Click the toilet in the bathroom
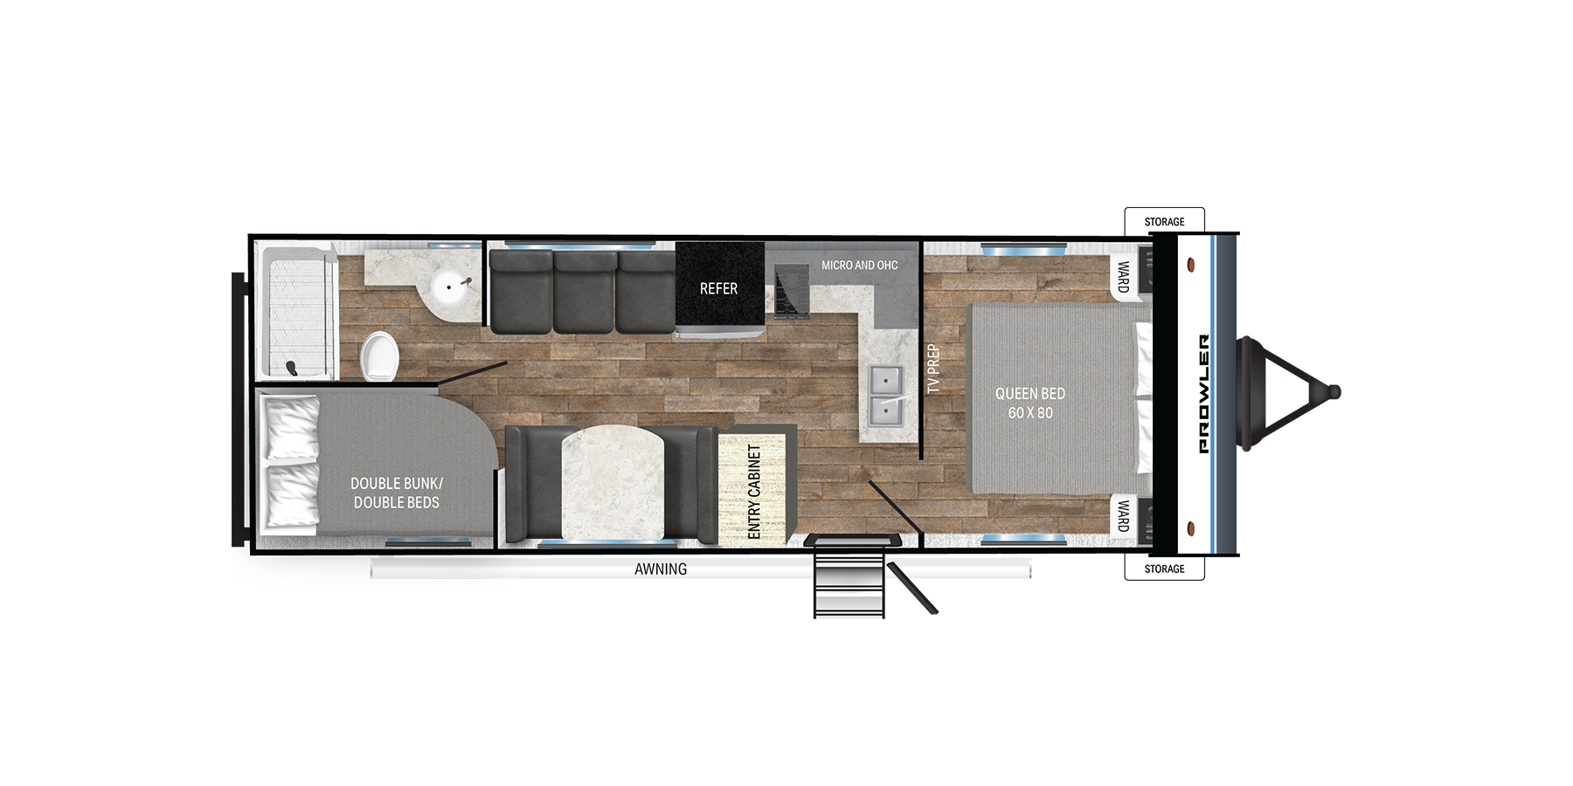[380, 356]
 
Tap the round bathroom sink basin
[451, 286]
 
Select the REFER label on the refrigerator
[718, 288]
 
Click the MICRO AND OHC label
[859, 265]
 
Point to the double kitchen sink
[885, 396]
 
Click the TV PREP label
[933, 369]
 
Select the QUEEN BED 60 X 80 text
[1030, 403]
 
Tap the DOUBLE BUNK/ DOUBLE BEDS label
[397, 493]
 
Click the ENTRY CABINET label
[754, 491]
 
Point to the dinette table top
[613, 483]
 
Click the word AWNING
[661, 569]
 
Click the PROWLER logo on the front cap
[1204, 394]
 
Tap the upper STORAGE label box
[1164, 221]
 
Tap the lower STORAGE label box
[1164, 568]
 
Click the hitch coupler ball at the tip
[1334, 392]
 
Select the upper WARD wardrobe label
[1123, 277]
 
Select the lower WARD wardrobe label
[1123, 515]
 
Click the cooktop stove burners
[791, 291]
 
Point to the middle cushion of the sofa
[584, 293]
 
